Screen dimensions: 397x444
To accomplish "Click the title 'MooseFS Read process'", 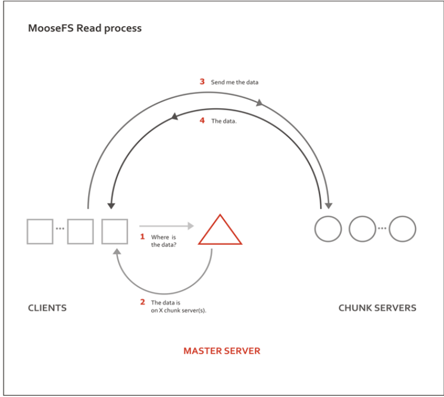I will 85,28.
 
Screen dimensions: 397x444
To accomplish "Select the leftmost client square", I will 40,231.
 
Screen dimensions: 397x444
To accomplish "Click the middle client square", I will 80,231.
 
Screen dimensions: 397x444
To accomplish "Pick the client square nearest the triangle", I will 115,231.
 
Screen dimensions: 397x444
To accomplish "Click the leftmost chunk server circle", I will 328,229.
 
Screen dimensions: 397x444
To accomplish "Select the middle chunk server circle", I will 362,229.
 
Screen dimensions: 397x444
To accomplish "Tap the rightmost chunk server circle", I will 402,229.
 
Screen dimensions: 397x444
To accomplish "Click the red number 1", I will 142,237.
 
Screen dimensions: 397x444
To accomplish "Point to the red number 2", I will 142,302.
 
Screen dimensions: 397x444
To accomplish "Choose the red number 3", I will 202,81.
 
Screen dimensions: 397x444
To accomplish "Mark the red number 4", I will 202,121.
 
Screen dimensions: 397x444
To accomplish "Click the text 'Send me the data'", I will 234,82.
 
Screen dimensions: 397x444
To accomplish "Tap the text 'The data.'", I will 224,121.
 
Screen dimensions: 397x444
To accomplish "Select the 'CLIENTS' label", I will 47,308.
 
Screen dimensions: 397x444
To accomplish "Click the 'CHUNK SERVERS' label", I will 377,308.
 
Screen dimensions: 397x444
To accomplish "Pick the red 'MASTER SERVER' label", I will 221,351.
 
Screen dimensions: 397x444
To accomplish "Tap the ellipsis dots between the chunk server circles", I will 382,229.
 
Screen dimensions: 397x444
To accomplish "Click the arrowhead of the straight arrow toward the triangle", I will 190,226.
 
